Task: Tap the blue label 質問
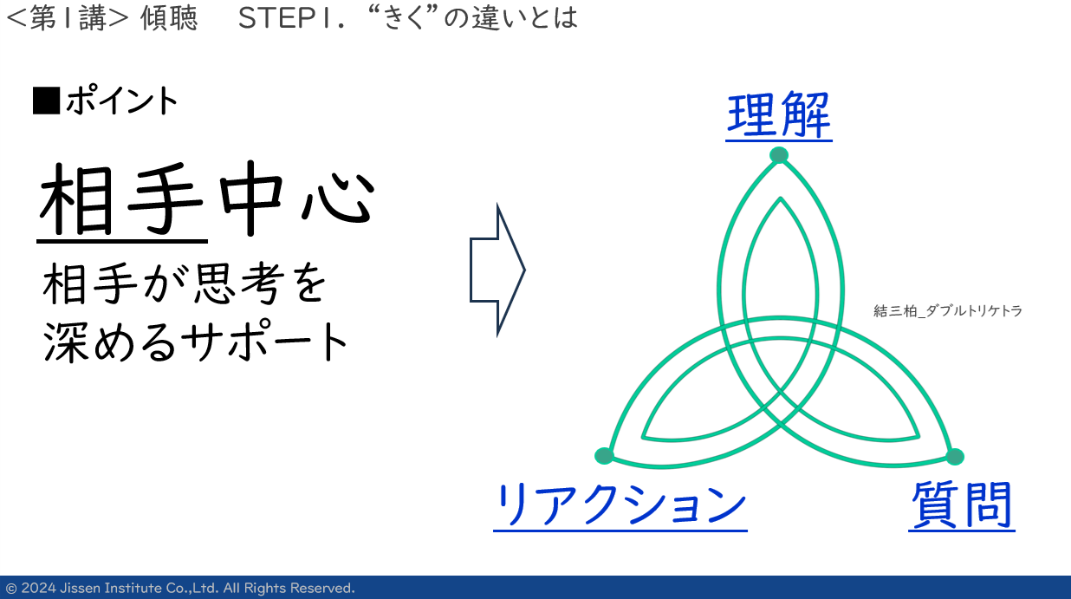click(x=962, y=505)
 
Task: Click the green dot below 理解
click(x=779, y=155)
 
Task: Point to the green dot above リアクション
click(x=604, y=455)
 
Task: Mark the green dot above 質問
click(x=955, y=457)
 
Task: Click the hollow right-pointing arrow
click(x=497, y=270)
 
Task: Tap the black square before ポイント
click(x=47, y=101)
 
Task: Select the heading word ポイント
click(x=122, y=101)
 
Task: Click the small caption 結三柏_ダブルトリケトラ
click(x=948, y=311)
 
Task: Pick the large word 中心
click(x=297, y=198)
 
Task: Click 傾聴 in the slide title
click(x=169, y=18)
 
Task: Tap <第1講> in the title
click(x=68, y=18)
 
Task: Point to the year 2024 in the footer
click(x=38, y=588)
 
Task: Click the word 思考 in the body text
click(x=237, y=283)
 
